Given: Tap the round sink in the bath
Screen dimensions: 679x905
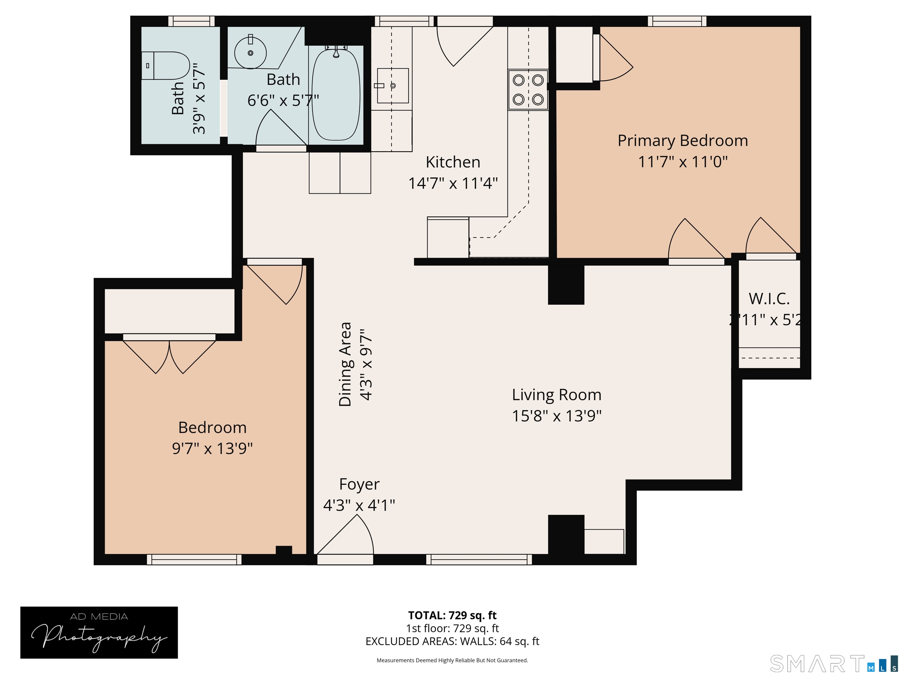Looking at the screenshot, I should tap(250, 53).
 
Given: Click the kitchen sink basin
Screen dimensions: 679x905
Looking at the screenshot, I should tap(392, 85).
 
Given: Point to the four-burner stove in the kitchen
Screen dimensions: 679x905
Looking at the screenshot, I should tap(528, 90).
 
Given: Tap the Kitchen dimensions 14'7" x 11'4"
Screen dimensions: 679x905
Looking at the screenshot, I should tap(453, 183).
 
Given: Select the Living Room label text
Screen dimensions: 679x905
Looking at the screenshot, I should tap(556, 395).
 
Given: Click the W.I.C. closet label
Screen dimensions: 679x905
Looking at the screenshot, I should tap(769, 299).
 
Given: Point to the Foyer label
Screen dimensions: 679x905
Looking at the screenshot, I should tap(359, 484).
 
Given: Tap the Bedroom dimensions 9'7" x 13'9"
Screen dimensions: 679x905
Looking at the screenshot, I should tap(212, 449).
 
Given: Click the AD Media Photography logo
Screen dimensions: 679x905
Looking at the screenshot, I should tap(99, 632).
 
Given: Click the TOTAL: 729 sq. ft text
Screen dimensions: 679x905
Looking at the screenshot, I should tap(452, 615).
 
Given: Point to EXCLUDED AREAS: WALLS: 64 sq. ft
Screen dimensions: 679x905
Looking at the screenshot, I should tap(452, 641).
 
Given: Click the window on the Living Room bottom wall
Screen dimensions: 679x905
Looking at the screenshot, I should tap(479, 559).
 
